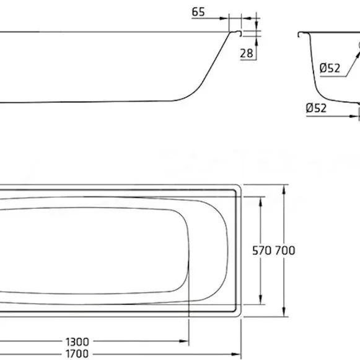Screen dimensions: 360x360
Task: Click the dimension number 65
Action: click(x=198, y=12)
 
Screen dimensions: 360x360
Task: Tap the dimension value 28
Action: click(x=247, y=53)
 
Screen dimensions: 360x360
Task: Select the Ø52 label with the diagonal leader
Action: click(x=330, y=68)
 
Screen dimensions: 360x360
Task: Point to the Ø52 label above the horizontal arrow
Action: click(x=316, y=108)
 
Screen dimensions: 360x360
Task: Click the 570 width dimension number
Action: click(x=261, y=250)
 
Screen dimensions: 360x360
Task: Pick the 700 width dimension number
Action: click(x=285, y=250)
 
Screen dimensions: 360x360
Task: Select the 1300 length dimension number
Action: click(x=77, y=341)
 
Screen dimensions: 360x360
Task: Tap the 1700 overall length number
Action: click(x=77, y=354)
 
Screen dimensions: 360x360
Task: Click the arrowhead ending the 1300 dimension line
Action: click(x=184, y=341)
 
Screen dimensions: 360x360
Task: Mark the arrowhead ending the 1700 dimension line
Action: click(x=236, y=354)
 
